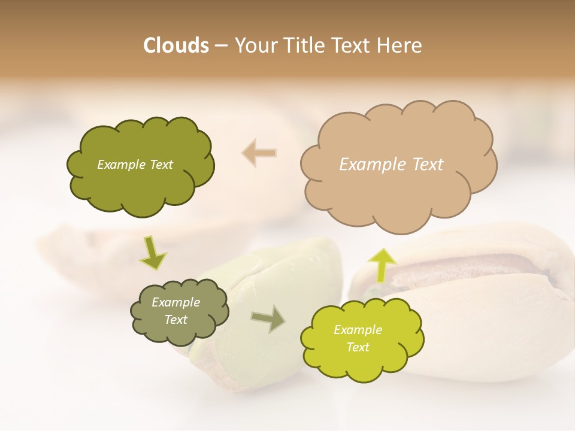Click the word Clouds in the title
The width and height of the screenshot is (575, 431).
176,45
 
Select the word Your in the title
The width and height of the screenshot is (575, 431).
256,45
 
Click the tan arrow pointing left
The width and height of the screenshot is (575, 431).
259,153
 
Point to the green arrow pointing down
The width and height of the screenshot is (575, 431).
153,253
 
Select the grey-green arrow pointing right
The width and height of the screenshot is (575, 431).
269,318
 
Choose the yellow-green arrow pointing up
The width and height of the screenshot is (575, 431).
382,264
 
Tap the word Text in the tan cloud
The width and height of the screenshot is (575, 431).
428,165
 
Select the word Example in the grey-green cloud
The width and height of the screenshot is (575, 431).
175,302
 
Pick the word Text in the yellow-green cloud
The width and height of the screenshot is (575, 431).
358,347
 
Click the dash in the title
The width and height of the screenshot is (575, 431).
221,45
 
